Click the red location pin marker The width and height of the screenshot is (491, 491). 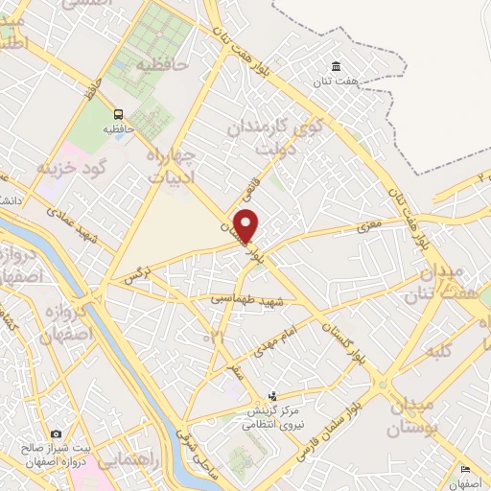click(x=246, y=224)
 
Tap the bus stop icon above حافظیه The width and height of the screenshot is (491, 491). click(x=119, y=111)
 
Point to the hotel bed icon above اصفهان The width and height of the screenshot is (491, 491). click(x=465, y=469)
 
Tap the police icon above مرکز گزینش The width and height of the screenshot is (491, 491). click(x=272, y=396)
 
